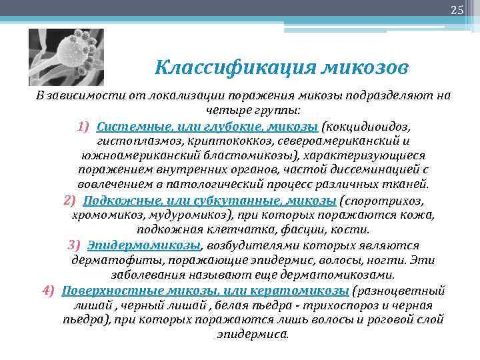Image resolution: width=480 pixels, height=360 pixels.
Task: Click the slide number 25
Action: (457, 9)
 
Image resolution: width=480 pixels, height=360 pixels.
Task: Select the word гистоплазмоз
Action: (137, 141)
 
